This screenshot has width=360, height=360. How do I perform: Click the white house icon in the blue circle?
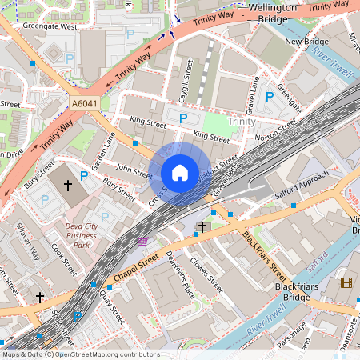pos(180,172)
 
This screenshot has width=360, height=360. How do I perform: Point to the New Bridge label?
pos(307,42)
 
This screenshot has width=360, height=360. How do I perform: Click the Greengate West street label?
pos(50,26)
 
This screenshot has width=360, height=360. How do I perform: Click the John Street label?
pos(134,170)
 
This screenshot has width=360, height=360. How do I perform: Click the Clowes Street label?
pos(206,271)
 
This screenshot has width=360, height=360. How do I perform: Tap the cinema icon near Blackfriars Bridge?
pos(346,282)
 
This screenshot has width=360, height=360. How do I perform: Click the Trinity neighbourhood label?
pos(241,121)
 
